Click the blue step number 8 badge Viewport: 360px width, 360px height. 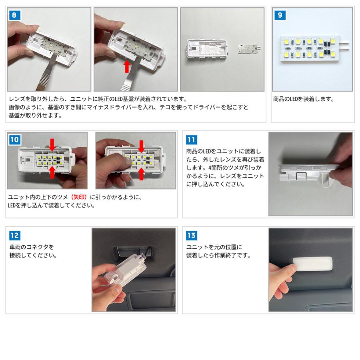coord(14,15)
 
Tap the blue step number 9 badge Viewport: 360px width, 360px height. coord(280,15)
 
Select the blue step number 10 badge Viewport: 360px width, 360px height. coord(14,140)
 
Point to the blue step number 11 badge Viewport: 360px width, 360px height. coord(192,140)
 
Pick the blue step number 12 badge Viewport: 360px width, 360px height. coord(15,235)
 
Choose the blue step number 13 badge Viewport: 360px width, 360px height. coord(192,235)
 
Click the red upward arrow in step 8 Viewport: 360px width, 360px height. coord(126,66)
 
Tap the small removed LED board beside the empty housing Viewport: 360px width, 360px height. coord(249,48)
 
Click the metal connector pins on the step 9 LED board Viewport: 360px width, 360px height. coord(344,46)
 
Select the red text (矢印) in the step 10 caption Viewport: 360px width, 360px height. coord(79,197)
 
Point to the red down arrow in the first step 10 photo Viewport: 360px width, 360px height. coord(52,145)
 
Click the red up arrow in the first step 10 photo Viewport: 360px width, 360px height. coord(52,172)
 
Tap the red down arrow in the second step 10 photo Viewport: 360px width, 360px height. coord(141,146)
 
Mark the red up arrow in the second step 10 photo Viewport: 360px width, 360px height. coord(141,174)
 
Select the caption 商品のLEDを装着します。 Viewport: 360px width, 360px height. coord(303,99)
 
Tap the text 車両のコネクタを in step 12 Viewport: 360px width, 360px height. coord(32,247)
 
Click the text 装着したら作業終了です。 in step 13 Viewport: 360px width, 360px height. coord(218,255)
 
